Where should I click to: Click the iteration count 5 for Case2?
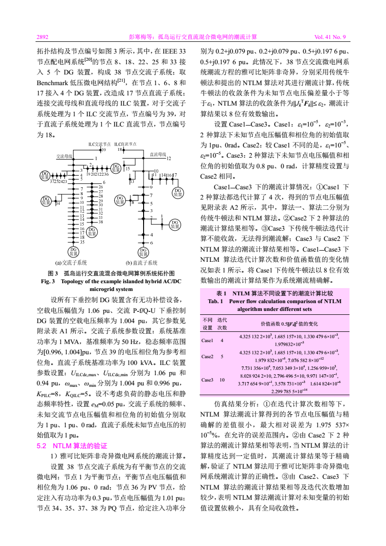point(222,356)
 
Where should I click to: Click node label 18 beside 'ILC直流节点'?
point(119,149)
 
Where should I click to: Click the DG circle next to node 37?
point(45,175)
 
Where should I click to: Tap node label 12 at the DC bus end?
point(169,159)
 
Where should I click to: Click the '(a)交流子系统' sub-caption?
point(71,262)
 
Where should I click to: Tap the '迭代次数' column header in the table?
point(222,324)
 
